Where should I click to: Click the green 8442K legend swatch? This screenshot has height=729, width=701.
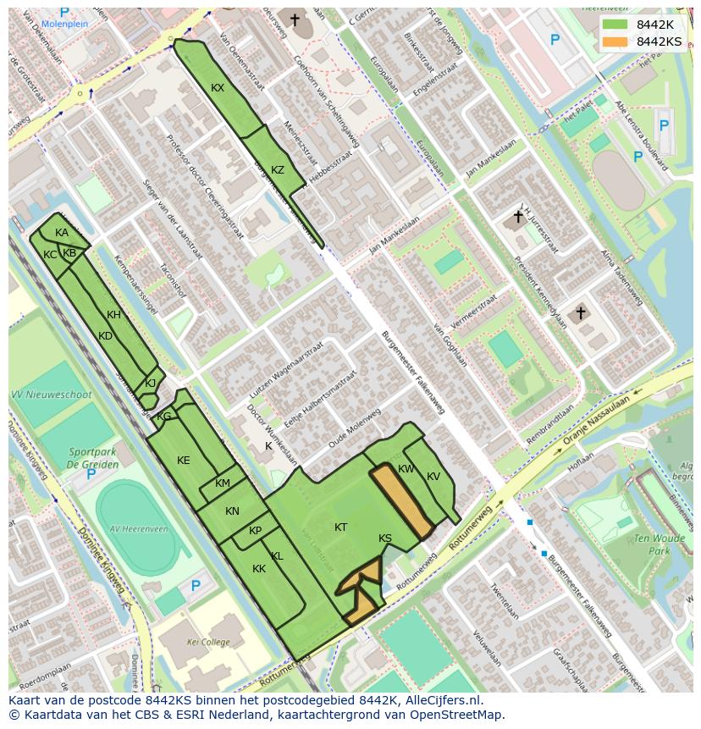coord(616,24)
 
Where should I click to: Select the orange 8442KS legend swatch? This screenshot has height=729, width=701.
coord(616,41)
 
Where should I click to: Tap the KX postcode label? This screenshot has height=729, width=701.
coord(218,88)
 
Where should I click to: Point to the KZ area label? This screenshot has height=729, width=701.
coord(278,170)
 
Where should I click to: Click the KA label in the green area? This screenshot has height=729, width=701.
coord(62,233)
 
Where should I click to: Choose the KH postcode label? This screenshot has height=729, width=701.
coord(113,315)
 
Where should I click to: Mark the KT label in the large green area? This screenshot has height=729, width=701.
coord(340,527)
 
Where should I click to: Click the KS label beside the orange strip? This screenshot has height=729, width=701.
coord(385,538)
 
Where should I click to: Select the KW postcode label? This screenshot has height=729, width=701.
coord(406,469)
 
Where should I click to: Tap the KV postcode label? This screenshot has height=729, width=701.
coord(433,477)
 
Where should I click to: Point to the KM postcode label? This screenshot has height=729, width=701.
coord(223,483)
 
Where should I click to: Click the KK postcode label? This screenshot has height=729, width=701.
coord(259,569)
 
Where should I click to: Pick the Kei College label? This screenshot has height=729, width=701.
coord(207,643)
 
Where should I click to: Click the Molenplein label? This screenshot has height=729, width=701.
coord(64,24)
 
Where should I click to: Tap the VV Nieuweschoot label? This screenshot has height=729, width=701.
coord(51,395)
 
